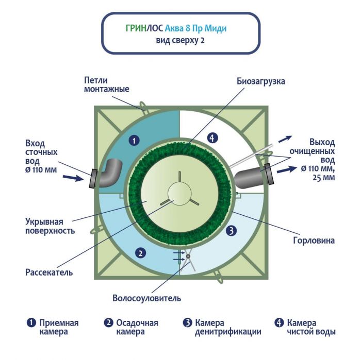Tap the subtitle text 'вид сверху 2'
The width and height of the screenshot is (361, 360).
180,40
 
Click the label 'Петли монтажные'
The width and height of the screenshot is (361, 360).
106,85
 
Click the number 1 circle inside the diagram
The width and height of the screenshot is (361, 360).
134,140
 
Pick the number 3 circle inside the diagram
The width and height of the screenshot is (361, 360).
232,231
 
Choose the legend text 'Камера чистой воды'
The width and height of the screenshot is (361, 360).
311,328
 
